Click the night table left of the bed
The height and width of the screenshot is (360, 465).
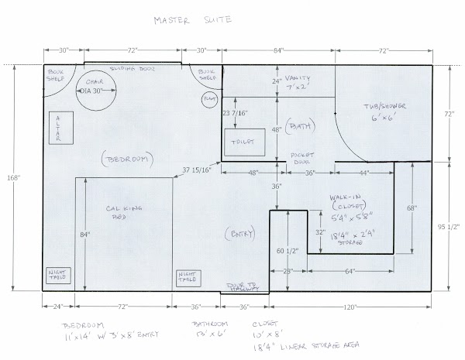pyautogui.click(x=56, y=277)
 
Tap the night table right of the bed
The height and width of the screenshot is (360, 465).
pyautogui.click(x=189, y=276)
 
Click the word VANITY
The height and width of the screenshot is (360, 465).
pyautogui.click(x=298, y=78)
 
